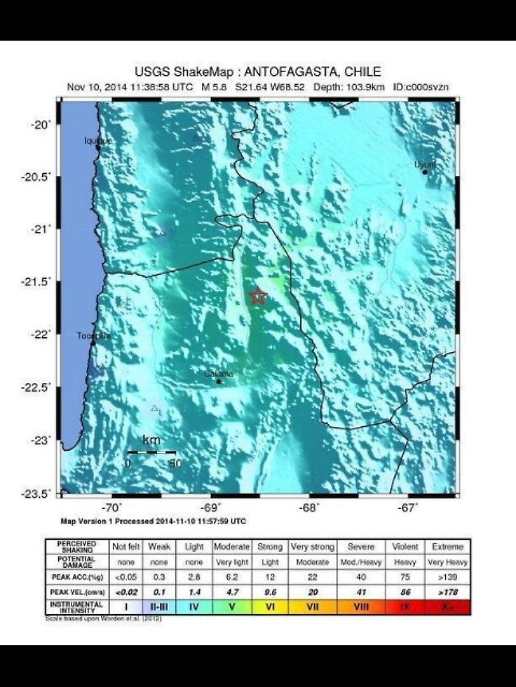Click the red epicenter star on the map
click(x=258, y=296)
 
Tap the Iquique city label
click(x=98, y=140)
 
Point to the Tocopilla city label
click(x=93, y=336)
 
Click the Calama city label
click(x=218, y=374)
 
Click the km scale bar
click(x=151, y=451)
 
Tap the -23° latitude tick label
click(x=43, y=440)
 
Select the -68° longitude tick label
click(x=308, y=508)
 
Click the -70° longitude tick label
click(x=111, y=508)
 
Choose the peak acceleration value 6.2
click(x=232, y=576)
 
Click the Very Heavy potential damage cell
click(x=449, y=561)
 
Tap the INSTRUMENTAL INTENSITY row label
click(x=77, y=606)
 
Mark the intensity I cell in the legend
click(x=125, y=606)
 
